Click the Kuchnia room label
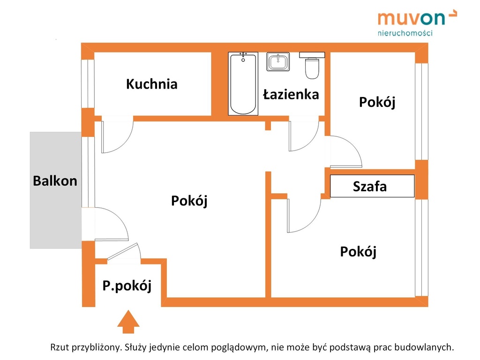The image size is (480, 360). tap(151, 84)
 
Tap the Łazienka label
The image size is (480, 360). tap(291, 95)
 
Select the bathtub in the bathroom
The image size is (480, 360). tap(243, 84)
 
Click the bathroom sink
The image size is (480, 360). tap(278, 62)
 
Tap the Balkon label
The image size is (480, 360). tap(55, 181)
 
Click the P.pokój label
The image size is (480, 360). tap(127, 285)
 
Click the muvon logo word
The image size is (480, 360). tap(411, 19)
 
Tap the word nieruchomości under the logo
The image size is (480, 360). tap(405, 33)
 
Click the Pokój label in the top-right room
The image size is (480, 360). tap(377, 102)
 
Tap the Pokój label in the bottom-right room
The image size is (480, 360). tap(358, 252)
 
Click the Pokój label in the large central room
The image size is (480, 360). tap(189, 201)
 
